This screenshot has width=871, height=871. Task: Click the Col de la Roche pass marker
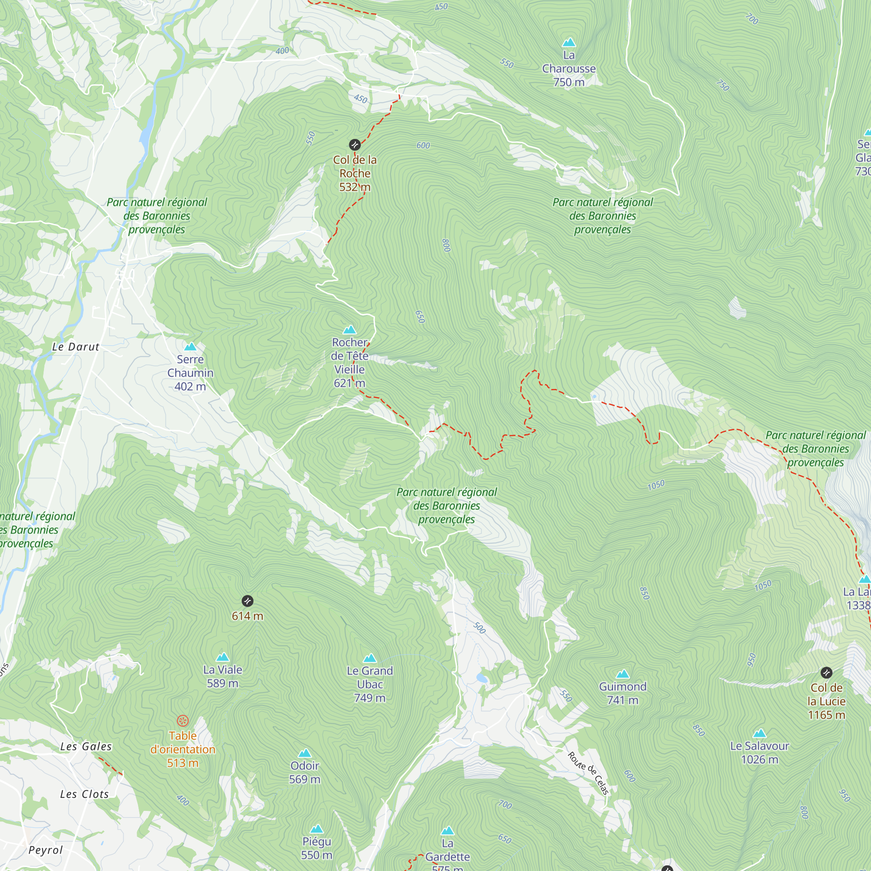coord(355,145)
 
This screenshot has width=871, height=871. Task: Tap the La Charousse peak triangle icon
coord(569,43)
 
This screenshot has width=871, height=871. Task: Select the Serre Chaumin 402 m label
coord(190,373)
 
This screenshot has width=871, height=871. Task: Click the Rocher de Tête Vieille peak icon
coord(349,330)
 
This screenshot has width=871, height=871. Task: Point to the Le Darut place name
coord(75,347)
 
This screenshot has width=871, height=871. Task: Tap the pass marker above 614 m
coord(247,601)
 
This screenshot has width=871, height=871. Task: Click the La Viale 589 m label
coord(222,676)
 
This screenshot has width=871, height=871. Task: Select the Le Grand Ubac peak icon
coord(370,658)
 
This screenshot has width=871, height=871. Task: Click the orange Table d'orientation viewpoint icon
coord(182,720)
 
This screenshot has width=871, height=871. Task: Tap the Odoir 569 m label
coord(305,772)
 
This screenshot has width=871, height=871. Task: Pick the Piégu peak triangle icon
coord(317,829)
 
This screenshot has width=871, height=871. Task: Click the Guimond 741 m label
coord(623,693)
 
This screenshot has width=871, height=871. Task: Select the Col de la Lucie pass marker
coord(827,673)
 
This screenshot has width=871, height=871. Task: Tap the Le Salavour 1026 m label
coord(760,753)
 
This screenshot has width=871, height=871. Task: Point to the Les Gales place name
coord(86,746)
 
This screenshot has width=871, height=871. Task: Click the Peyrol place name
coord(46,850)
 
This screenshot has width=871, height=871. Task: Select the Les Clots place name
coord(85,794)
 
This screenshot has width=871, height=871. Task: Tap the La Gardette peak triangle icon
coord(447,831)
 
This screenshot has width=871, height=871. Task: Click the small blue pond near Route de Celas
coord(482,678)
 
